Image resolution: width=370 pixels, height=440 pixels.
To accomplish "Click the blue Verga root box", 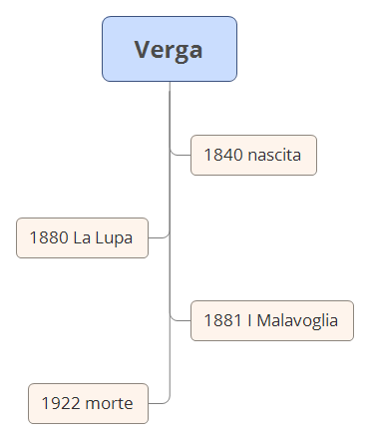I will (169, 49).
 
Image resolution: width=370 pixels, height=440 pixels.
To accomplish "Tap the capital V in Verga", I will (143, 49).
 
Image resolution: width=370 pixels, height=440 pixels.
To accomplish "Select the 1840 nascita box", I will (253, 155).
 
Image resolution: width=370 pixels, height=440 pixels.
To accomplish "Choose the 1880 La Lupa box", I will (82, 237).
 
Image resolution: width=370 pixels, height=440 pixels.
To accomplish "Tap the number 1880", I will (49, 237).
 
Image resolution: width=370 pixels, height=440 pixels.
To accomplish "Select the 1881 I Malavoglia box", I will (271, 320).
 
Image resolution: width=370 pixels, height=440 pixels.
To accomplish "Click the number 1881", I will (222, 320).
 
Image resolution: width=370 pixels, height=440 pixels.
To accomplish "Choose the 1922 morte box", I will (88, 404).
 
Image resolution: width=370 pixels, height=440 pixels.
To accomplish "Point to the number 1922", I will (60, 404).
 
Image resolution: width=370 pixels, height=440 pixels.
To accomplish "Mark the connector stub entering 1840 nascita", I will (181, 155).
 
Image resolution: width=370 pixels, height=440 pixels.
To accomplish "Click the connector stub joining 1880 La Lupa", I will (159, 237).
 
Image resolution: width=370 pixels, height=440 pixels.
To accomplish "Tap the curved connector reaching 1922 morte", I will (162, 401).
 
